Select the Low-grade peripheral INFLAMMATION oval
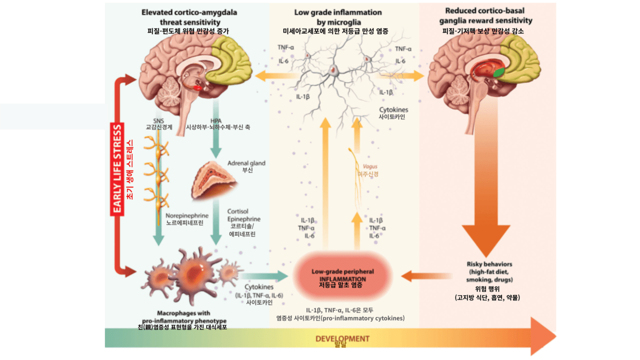pyautogui.click(x=342, y=275)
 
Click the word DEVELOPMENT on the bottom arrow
pyautogui.click(x=342, y=338)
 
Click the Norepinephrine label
pyautogui.click(x=187, y=216)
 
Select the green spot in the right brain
pyautogui.click(x=498, y=72)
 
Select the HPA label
pyautogui.click(x=216, y=120)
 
